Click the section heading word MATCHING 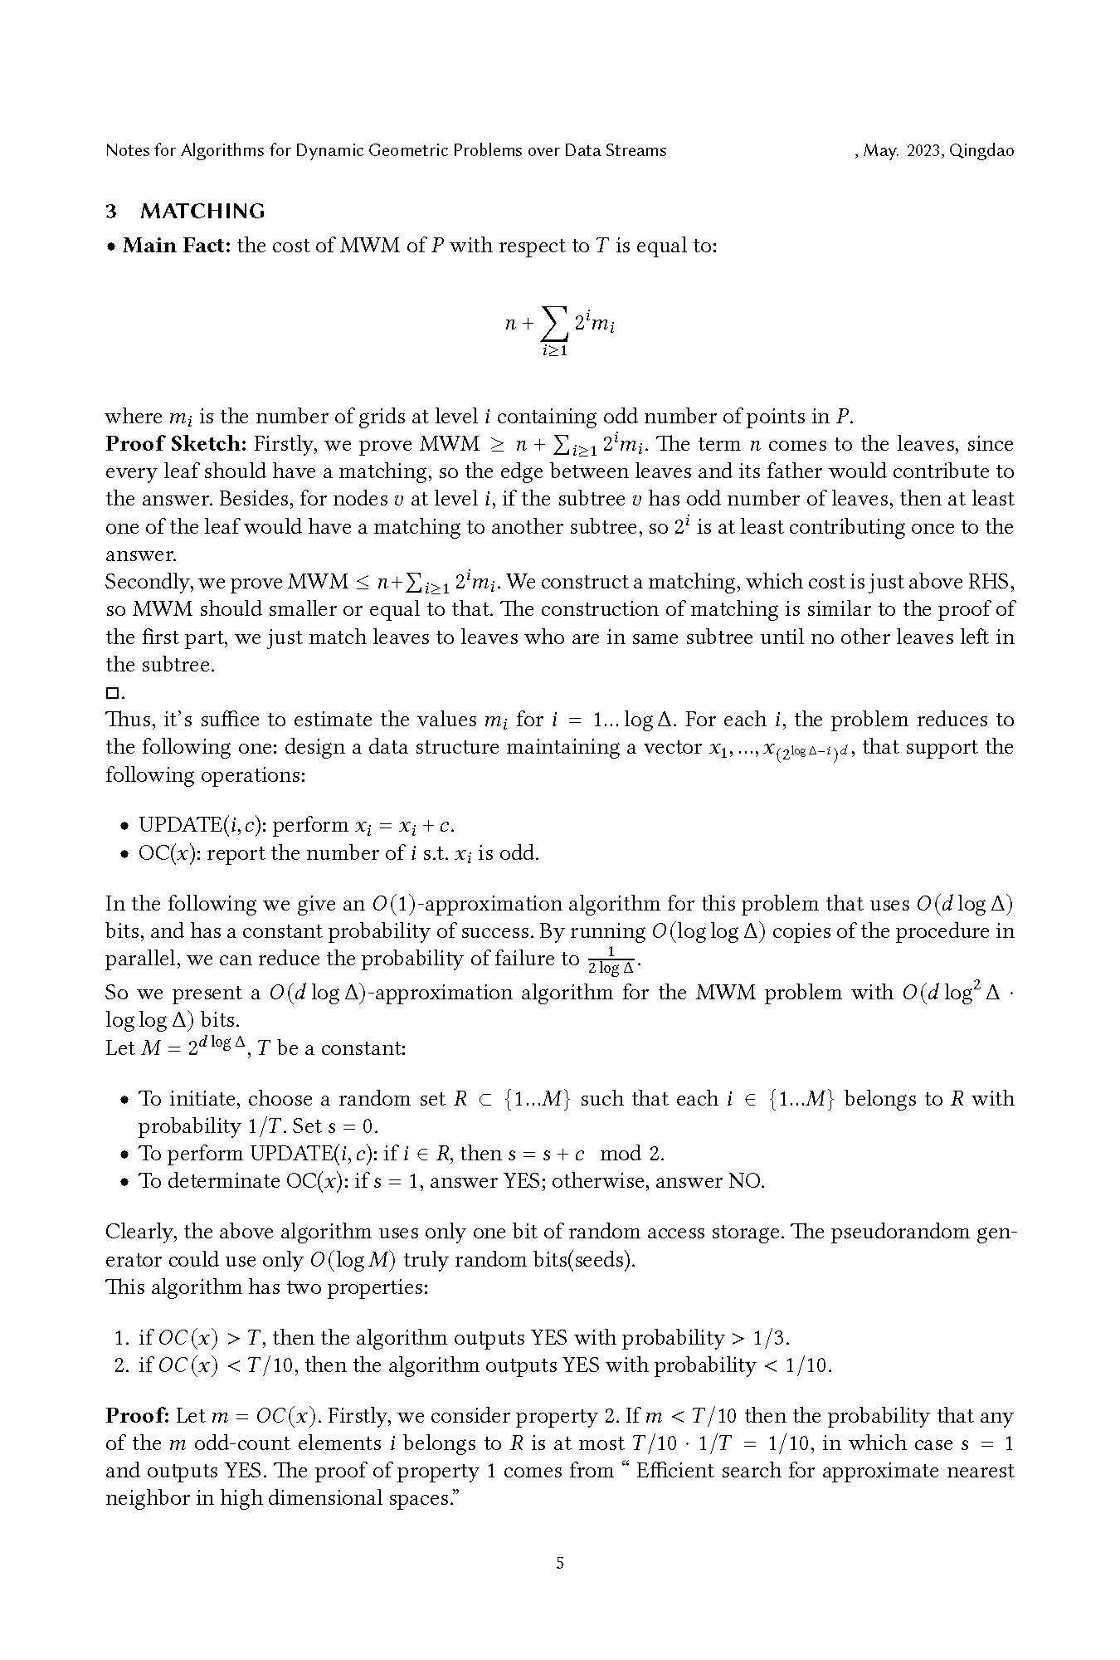pyautogui.click(x=202, y=212)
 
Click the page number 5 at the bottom pyautogui.click(x=560, y=1563)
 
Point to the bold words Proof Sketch pyautogui.click(x=176, y=444)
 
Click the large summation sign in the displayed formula pyautogui.click(x=554, y=323)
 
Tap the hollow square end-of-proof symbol pyautogui.click(x=112, y=692)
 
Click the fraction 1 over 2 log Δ pyautogui.click(x=611, y=960)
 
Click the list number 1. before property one pyautogui.click(x=122, y=1337)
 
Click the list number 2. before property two pyautogui.click(x=122, y=1365)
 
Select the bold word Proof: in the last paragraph pyautogui.click(x=138, y=1416)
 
